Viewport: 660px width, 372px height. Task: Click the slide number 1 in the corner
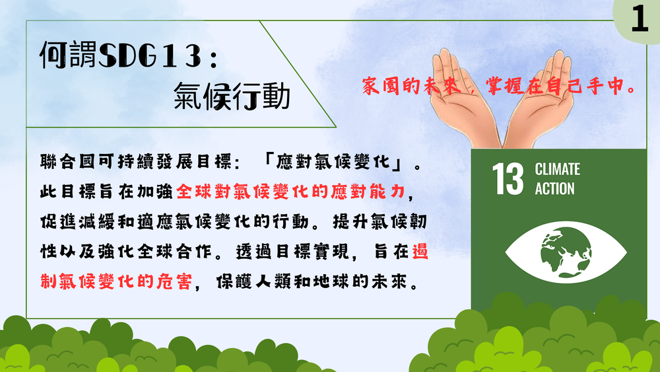coord(640,19)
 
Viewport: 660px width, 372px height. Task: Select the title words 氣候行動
coord(232,96)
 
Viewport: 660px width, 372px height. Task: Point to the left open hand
coord(463,98)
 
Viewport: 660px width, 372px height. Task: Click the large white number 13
coord(508,179)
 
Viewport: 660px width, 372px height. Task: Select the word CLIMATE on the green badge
coord(557,169)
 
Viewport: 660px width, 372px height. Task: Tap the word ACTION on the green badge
coord(554,189)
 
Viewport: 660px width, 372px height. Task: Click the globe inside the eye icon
coord(566,252)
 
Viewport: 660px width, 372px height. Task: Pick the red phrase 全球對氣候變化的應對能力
coord(290,192)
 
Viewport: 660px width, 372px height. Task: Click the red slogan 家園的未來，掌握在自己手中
coord(499,87)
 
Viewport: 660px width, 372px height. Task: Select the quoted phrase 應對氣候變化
coord(333,162)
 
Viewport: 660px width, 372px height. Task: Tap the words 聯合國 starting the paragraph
coord(68,162)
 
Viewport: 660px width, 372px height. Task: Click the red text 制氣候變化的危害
coord(115,281)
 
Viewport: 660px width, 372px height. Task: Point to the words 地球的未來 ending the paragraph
coord(376,281)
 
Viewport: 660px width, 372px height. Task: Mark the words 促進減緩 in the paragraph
coord(77,221)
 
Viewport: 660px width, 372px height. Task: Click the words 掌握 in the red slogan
coord(504,87)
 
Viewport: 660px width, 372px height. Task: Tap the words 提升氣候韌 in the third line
coord(379,221)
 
